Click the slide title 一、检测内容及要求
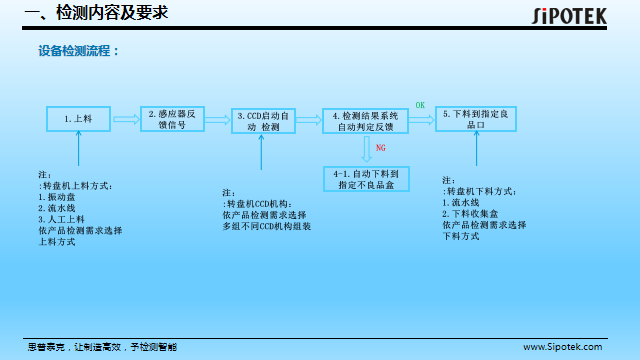click(96, 13)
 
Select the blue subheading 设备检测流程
click(78, 50)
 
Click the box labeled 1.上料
click(78, 118)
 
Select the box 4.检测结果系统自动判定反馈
click(366, 121)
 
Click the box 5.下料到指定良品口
click(476, 119)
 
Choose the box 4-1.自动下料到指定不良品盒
click(366, 179)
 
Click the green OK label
click(420, 104)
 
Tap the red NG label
click(380, 148)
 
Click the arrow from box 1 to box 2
click(125, 119)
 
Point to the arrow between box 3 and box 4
click(308, 120)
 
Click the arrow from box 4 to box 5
click(422, 119)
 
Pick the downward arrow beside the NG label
click(366, 149)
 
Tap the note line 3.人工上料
click(61, 218)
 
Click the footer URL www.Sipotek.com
click(563, 346)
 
